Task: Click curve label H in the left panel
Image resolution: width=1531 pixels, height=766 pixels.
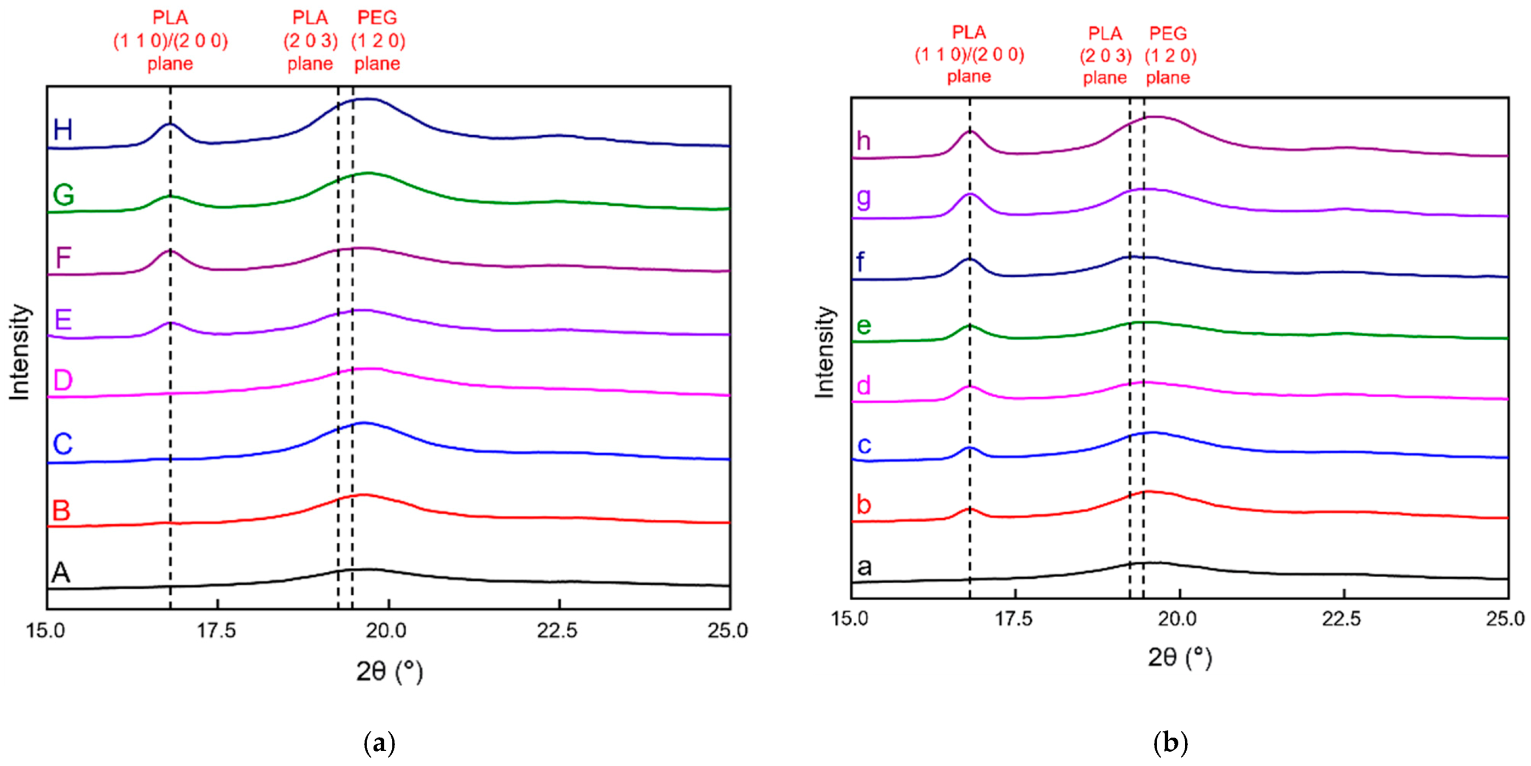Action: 63,130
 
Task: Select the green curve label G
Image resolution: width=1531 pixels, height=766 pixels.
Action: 63,194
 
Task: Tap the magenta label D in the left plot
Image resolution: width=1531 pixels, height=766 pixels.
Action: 63,380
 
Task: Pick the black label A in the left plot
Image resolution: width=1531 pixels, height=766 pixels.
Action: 61,572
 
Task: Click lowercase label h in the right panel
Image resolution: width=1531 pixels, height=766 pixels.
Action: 863,141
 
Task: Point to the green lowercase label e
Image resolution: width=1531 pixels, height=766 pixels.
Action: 863,326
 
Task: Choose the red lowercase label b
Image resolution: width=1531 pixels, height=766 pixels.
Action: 863,504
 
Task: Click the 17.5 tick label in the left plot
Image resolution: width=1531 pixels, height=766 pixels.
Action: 216,630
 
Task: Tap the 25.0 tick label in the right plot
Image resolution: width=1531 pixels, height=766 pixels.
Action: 1504,619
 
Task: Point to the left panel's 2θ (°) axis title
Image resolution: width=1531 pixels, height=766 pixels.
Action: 389,671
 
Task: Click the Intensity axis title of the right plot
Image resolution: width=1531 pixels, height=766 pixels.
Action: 825,352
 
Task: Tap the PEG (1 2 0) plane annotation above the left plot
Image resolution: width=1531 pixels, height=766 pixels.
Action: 378,40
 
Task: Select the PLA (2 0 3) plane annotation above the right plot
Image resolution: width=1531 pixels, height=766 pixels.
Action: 1105,55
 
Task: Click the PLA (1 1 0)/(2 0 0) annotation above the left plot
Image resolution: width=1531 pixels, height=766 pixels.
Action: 170,40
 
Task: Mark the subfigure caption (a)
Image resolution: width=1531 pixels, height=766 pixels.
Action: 379,744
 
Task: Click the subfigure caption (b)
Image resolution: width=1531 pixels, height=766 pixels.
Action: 1170,744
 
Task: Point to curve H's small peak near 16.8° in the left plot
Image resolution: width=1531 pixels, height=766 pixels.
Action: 170,124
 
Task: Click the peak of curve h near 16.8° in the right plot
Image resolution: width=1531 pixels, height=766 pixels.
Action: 970,131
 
